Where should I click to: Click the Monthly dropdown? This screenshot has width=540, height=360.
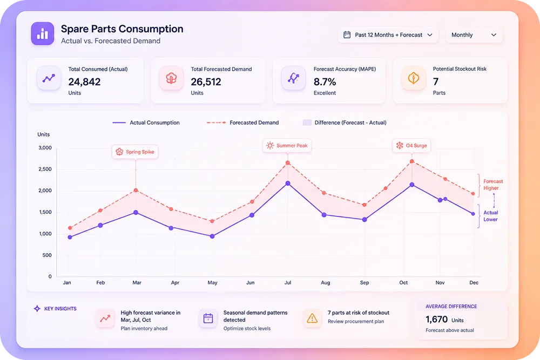(474, 35)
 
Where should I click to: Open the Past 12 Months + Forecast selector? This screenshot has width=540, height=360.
(388, 35)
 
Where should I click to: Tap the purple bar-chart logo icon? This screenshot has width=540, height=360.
(42, 33)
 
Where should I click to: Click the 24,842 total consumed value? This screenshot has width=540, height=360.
(84, 82)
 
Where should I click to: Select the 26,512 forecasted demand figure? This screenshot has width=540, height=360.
(206, 82)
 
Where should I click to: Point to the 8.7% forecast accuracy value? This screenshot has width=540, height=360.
(325, 82)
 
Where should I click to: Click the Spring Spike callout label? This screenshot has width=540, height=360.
(135, 152)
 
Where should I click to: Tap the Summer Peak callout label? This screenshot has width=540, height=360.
(287, 146)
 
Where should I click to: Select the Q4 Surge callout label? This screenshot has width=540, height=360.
(411, 146)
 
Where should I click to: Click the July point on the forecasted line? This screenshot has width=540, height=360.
(288, 163)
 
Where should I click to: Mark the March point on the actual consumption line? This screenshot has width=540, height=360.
(136, 213)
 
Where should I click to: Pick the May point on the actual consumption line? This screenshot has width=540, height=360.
(212, 236)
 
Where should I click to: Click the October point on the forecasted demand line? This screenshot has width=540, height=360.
(412, 161)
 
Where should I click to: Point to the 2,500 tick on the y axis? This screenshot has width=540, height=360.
(45, 169)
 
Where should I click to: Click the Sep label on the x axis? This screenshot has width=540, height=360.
(364, 283)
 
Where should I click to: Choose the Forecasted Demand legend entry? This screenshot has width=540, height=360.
(243, 123)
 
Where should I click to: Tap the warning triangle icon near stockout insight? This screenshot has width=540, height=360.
(312, 318)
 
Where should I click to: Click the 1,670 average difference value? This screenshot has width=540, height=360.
(437, 320)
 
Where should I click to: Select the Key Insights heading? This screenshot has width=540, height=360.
(55, 309)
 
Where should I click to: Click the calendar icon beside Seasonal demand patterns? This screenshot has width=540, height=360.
(208, 318)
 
